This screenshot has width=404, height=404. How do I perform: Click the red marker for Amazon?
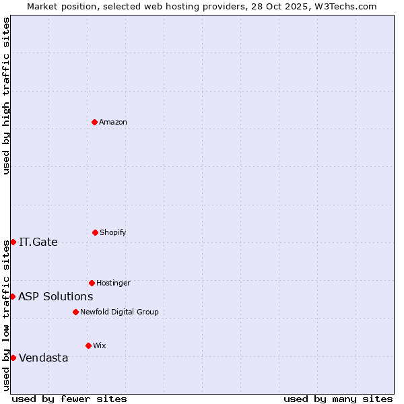click(x=95, y=122)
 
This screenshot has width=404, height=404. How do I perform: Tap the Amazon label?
click(x=113, y=122)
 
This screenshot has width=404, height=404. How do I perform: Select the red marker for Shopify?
click(x=95, y=232)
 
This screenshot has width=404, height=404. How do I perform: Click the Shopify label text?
click(x=112, y=232)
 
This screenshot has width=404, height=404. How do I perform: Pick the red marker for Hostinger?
click(x=92, y=283)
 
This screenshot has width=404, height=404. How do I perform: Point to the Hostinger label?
click(x=113, y=283)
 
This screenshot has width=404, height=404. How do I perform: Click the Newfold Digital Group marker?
click(x=75, y=312)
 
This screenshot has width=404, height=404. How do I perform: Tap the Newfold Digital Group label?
click(x=119, y=312)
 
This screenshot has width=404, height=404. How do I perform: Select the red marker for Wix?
click(x=88, y=345)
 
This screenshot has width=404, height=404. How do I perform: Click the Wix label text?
click(x=100, y=345)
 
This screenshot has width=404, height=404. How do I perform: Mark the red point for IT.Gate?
click(x=13, y=242)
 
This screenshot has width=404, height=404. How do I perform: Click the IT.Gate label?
click(x=38, y=242)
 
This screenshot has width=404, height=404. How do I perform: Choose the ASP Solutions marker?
click(x=13, y=296)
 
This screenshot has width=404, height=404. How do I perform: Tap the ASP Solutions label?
click(x=56, y=296)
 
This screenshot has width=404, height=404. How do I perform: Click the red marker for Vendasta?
click(x=13, y=358)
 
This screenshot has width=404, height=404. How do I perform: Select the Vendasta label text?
click(x=44, y=358)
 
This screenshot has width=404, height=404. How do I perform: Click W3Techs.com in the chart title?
click(x=343, y=6)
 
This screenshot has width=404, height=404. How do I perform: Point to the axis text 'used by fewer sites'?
click(x=69, y=399)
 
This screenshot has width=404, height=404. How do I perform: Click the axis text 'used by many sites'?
click(x=338, y=399)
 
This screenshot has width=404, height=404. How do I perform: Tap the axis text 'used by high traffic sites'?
click(x=6, y=96)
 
